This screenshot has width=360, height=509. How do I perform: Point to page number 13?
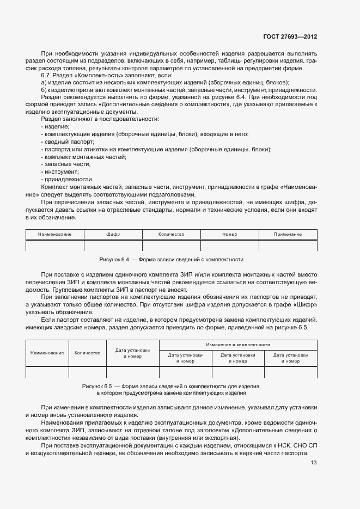(x=313, y=463)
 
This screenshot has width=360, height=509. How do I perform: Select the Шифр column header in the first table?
(x=113, y=234)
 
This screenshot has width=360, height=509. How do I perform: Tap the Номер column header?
(x=230, y=234)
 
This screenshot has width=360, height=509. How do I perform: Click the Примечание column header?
(x=288, y=234)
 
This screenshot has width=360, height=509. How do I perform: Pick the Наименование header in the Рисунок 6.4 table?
(x=55, y=234)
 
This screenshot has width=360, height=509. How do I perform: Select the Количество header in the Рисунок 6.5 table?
(x=87, y=353)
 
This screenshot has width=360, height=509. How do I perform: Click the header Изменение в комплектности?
(x=238, y=345)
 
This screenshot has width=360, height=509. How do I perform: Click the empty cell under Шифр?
(x=113, y=245)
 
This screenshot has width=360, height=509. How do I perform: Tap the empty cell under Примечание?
(x=288, y=245)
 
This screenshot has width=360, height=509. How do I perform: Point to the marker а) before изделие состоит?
(x=44, y=82)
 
